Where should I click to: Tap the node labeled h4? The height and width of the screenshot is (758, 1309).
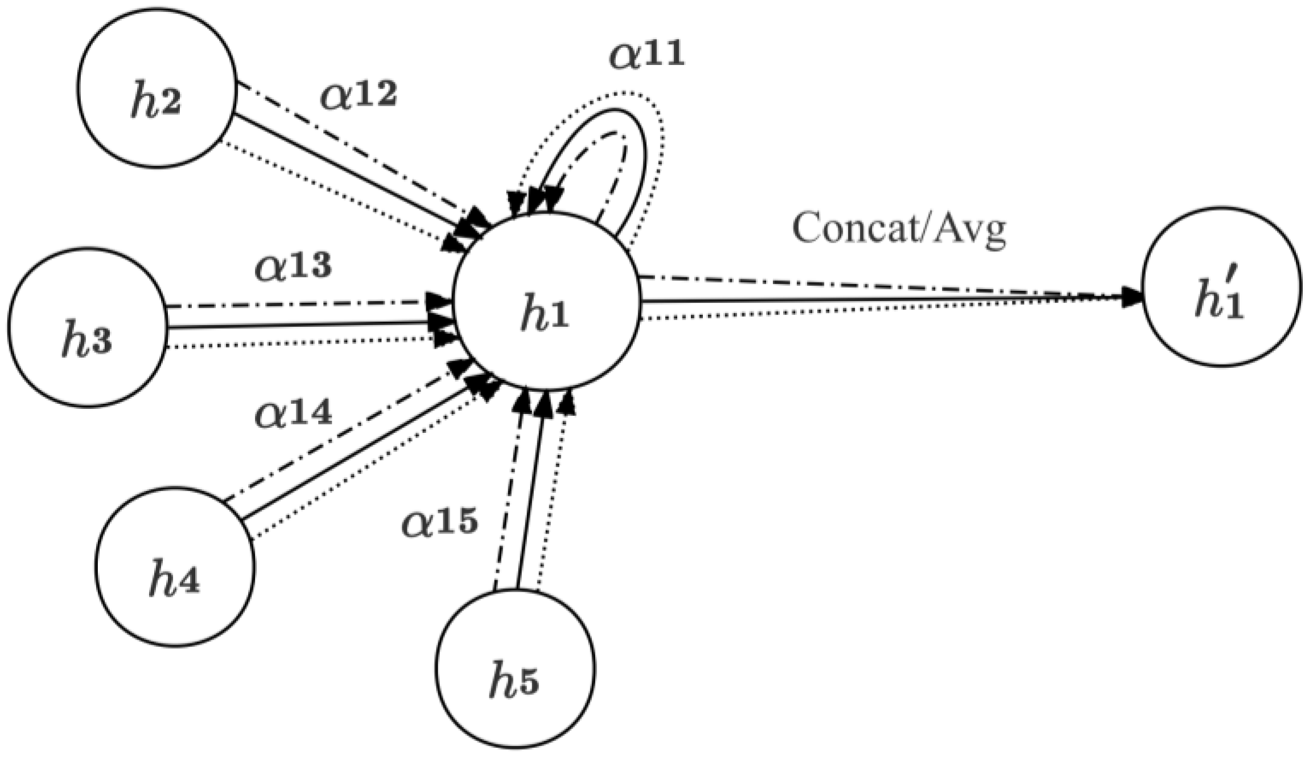[175, 566]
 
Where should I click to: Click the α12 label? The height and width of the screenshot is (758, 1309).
[359, 94]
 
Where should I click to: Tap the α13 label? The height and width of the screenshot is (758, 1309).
[293, 265]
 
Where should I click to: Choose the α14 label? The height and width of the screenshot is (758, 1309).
[293, 412]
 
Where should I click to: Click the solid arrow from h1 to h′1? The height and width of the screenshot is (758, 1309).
[882, 300]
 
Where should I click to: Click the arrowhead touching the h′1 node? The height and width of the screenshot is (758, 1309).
[1133, 297]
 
